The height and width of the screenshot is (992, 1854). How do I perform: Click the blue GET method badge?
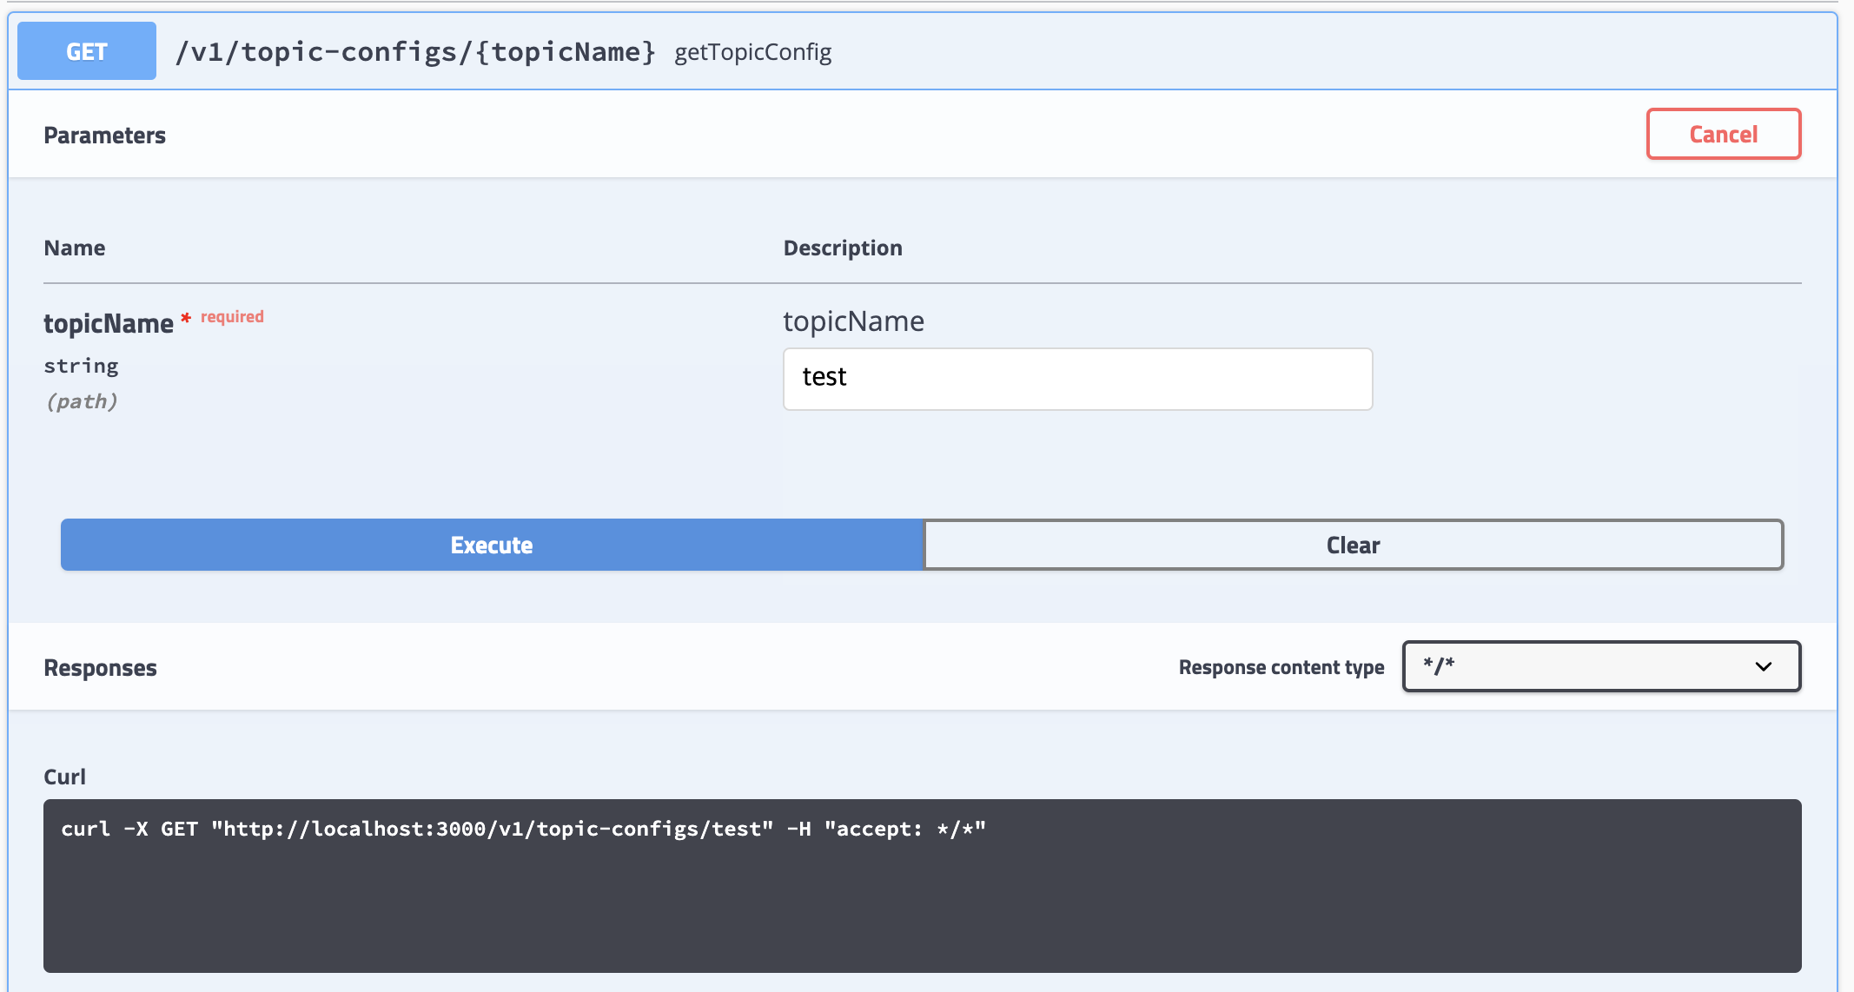coord(87,51)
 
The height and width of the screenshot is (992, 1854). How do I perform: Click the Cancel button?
coord(1724,134)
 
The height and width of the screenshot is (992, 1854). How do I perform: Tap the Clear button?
coord(1353,545)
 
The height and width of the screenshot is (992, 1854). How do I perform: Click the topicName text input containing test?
coord(1077,379)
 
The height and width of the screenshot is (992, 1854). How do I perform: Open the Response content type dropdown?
coord(1601,666)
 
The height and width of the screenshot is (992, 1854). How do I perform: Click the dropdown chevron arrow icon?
coord(1763,667)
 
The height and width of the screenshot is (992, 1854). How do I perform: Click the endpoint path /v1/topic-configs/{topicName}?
coord(415,52)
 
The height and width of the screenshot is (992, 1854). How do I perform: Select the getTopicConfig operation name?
coord(753,52)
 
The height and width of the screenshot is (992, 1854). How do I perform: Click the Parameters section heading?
coord(104,136)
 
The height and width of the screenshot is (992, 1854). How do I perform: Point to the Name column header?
coord(75,248)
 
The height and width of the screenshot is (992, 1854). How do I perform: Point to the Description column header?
coord(843,248)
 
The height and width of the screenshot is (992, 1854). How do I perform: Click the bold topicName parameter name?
coord(109,323)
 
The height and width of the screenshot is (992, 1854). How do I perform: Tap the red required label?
coord(232,317)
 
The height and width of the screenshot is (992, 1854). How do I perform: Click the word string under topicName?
coord(82,366)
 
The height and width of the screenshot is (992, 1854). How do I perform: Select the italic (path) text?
coord(82,401)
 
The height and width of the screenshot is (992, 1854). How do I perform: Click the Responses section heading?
coord(101,668)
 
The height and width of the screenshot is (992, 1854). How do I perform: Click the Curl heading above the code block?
coord(65,777)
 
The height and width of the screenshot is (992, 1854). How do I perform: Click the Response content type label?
coord(1281,667)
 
